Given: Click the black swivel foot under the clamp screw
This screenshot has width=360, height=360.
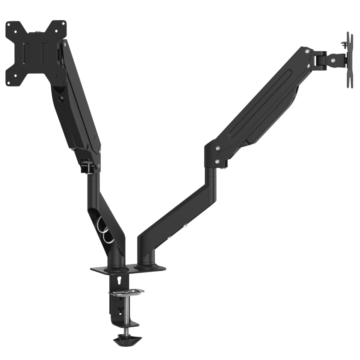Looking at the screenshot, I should coord(128,340).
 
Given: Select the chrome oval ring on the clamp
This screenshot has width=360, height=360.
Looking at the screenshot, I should coord(126,292).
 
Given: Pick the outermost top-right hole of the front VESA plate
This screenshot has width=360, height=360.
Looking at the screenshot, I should coord(64,24).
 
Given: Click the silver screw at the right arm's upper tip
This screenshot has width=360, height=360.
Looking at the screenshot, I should coord(308,52).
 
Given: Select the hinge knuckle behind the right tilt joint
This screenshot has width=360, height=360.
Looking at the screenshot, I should coord(320,59).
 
